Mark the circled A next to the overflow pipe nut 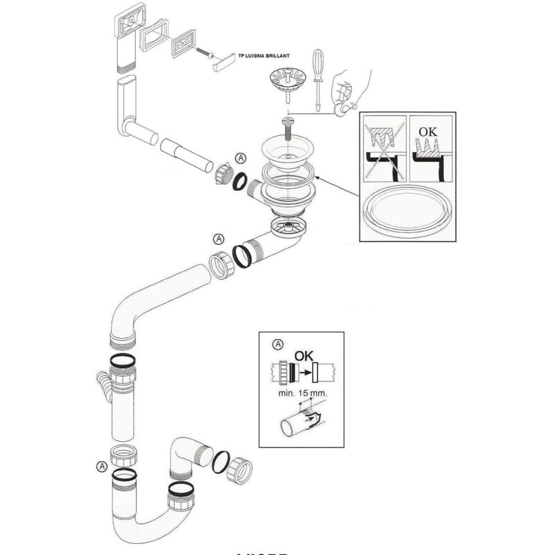point(241,157)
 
